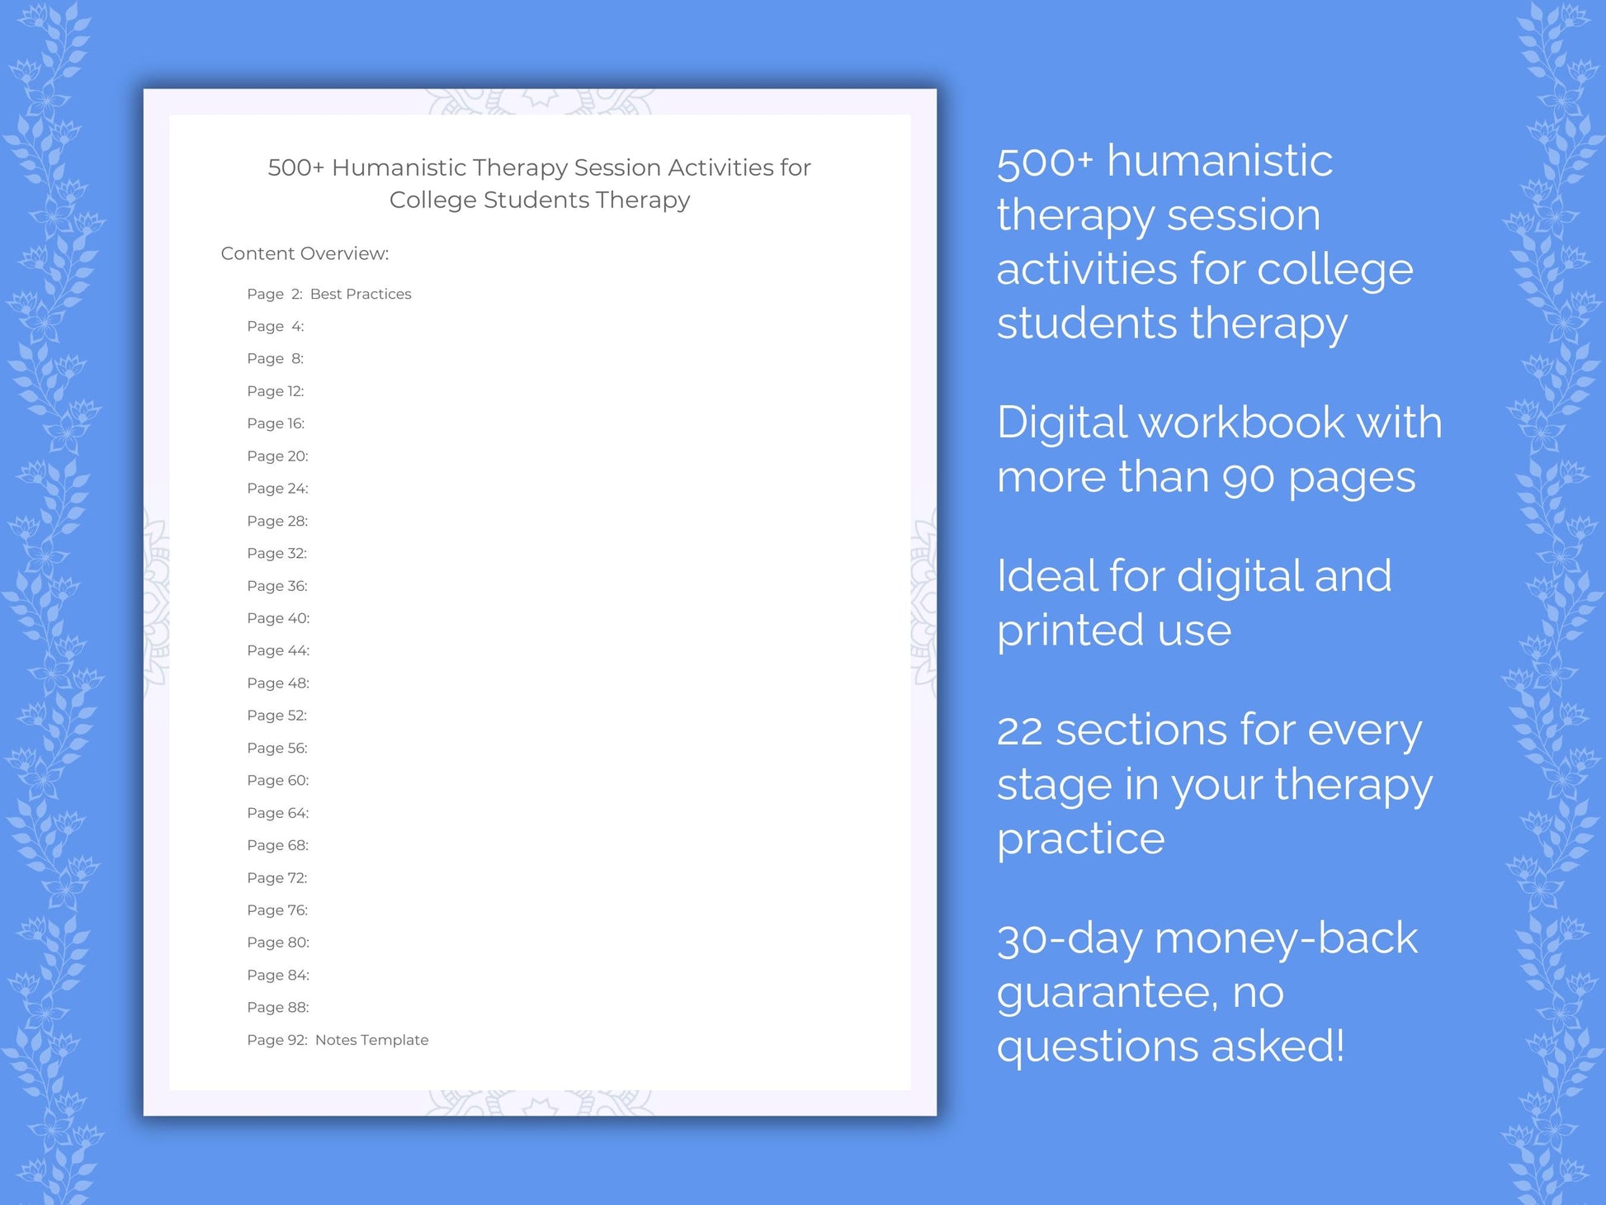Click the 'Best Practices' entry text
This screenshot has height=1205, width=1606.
(x=361, y=294)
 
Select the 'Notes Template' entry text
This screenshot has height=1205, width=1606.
(x=371, y=1040)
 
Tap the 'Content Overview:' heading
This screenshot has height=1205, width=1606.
(x=305, y=253)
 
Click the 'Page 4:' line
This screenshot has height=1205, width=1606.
(x=276, y=327)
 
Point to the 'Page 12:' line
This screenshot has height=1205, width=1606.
(x=276, y=391)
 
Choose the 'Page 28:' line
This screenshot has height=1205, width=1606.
(x=277, y=521)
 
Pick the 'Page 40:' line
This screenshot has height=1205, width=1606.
(x=278, y=618)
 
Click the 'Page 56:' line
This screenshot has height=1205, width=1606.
(x=277, y=748)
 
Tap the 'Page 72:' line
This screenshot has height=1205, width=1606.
(x=277, y=877)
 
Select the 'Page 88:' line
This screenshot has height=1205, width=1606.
(x=278, y=1007)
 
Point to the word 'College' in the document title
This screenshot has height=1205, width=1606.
(x=432, y=200)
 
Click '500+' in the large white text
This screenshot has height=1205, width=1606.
(x=1045, y=162)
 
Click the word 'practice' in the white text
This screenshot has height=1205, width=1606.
(x=1080, y=839)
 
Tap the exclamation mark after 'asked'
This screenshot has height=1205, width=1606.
(x=1338, y=1045)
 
